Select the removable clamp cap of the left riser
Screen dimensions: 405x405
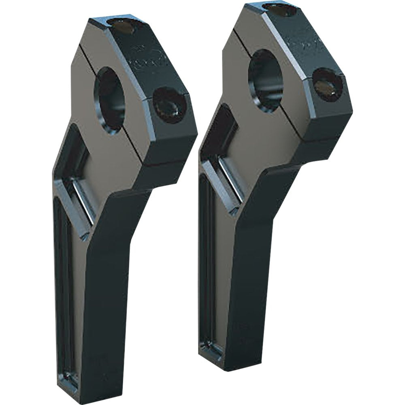coord(154,81)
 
